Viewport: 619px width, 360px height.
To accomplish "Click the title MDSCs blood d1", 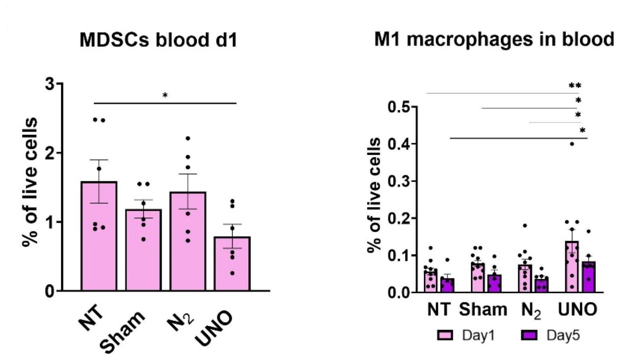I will (158, 40).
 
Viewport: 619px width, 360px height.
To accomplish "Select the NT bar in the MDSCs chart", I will (99, 242).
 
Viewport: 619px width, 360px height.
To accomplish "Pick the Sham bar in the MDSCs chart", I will (143, 254).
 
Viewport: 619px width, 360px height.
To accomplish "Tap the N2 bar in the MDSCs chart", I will (188, 246).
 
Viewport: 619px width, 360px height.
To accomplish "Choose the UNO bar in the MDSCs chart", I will (232, 266).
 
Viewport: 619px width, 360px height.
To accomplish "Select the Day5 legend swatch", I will (529, 335).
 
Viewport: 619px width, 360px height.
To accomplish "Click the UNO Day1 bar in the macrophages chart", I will (572, 270).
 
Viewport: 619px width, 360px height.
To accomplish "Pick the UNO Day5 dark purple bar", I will (589, 278).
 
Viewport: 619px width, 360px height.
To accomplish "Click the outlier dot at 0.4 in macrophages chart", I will (572, 144).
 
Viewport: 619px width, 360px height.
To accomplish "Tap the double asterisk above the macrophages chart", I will (575, 86).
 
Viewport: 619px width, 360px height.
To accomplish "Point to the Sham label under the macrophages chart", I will (483, 310).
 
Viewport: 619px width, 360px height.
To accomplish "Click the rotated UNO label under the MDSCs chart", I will (215, 329).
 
